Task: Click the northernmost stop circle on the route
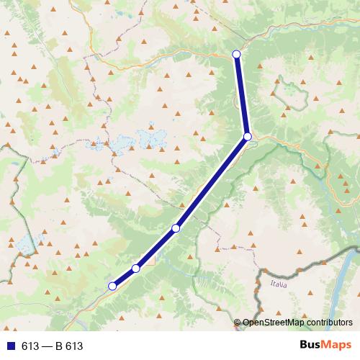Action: pos(236,54)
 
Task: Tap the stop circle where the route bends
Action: pos(247,136)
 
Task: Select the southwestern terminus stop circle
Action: pos(112,286)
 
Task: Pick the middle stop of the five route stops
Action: pos(176,228)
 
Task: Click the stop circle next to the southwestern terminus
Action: pos(135,269)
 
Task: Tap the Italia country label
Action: pos(278,285)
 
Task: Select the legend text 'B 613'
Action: pos(69,346)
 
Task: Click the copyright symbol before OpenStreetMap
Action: pos(238,323)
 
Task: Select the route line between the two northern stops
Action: pos(242,95)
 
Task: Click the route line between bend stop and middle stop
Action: pos(212,182)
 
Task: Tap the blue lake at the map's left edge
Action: pos(26,245)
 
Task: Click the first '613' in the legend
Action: pos(30,346)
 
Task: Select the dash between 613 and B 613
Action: pos(48,346)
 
